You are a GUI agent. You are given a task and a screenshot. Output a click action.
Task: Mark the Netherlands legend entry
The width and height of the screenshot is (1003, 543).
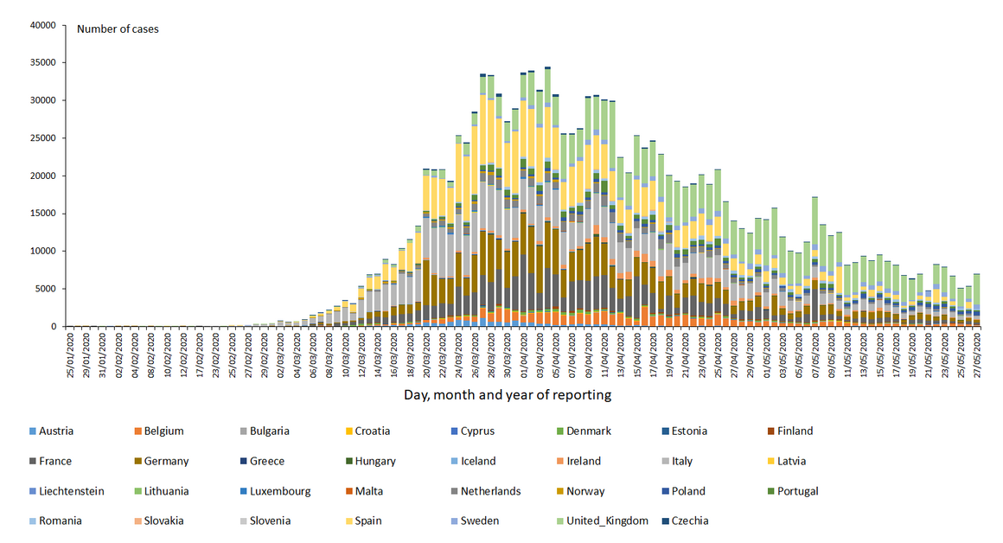[x=489, y=491]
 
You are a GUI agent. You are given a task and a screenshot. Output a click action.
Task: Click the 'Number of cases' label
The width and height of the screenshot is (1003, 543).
[x=118, y=29]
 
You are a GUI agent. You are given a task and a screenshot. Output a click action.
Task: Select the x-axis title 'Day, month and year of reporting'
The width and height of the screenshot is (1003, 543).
[x=508, y=395]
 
